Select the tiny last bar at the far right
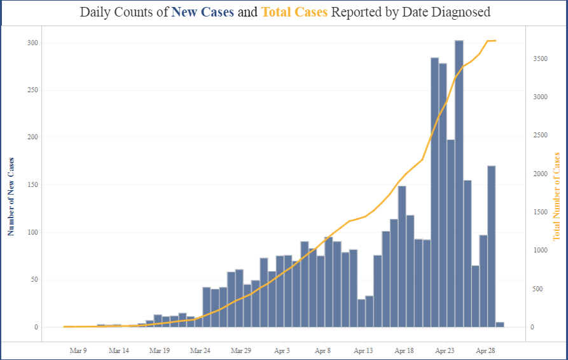(500, 324)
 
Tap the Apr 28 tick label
(486, 350)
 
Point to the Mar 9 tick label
(78, 350)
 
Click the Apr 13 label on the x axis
(364, 350)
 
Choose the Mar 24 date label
(200, 350)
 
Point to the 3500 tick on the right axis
(541, 59)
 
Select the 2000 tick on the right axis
(541, 174)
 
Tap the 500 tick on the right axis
(538, 289)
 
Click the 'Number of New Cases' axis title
(10, 195)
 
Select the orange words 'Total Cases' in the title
(294, 12)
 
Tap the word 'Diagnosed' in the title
(459, 12)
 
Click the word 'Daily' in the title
(97, 12)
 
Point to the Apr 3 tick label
(282, 350)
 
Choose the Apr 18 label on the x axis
(405, 350)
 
